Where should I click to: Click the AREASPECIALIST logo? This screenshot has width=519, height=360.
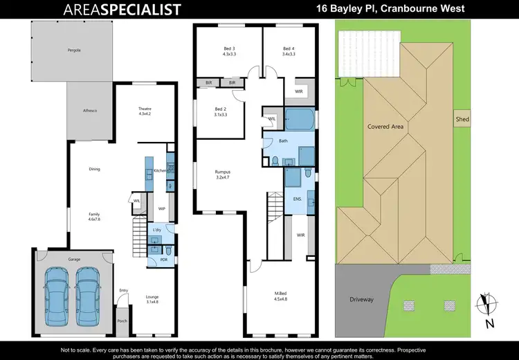pos(122,9)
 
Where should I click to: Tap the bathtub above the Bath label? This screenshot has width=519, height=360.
pos(300,119)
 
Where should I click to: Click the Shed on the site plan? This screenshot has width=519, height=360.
pos(462,119)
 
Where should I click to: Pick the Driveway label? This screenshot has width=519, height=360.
pos(361,299)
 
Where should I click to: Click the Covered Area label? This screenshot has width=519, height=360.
pos(386,127)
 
